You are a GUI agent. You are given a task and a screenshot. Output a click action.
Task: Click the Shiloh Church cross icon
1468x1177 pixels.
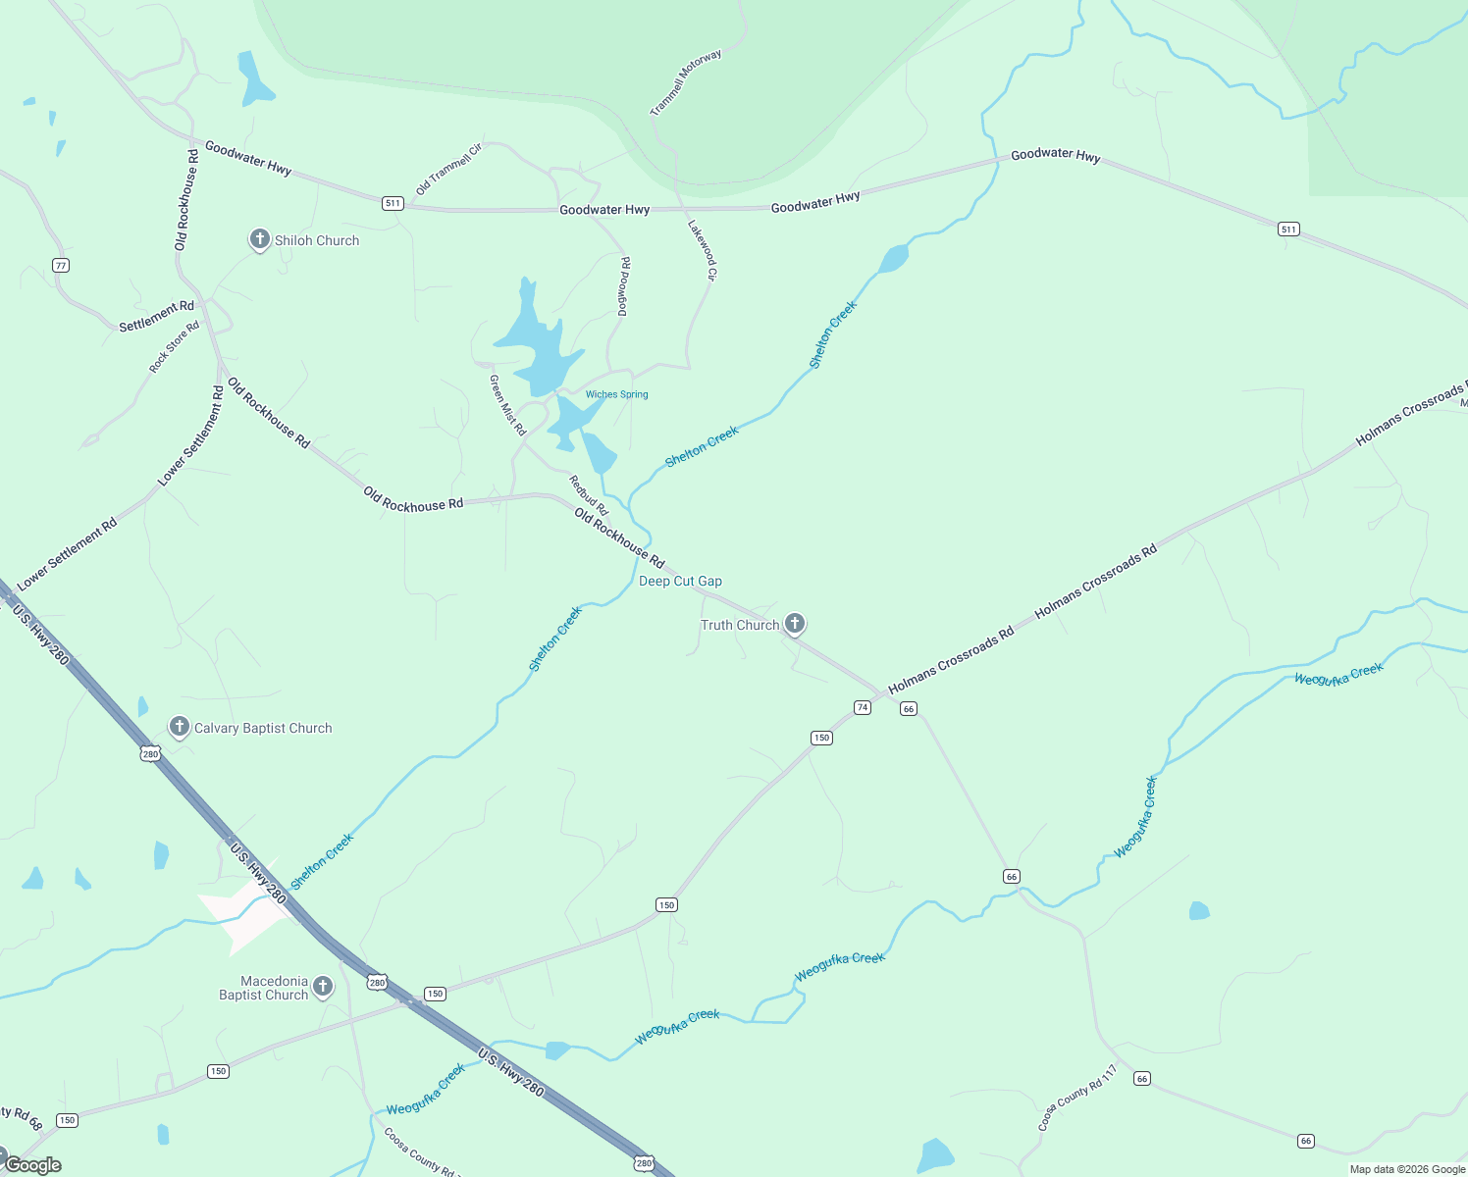tap(259, 239)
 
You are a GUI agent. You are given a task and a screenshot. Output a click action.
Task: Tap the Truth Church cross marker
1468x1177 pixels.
tap(795, 623)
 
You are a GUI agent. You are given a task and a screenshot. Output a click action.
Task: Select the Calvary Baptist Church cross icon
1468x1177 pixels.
tap(179, 727)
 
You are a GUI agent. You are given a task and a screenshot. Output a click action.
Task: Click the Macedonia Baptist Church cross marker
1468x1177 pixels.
tap(323, 986)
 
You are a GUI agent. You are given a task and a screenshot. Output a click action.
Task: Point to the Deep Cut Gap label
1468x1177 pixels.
tap(680, 581)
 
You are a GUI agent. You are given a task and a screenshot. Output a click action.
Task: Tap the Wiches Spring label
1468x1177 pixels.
tap(616, 394)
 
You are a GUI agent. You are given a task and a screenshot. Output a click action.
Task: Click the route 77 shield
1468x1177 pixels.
tap(61, 266)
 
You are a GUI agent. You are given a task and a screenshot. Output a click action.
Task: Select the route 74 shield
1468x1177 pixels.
tap(863, 707)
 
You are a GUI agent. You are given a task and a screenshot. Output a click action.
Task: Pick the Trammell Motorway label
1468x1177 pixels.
tap(686, 82)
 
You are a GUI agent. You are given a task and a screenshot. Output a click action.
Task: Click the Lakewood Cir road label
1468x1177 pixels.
tap(703, 250)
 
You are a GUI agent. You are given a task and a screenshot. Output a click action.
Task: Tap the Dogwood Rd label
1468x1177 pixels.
tap(624, 286)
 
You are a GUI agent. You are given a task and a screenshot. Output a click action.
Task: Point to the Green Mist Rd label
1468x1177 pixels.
tap(507, 405)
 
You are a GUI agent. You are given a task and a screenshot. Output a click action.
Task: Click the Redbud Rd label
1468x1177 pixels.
tap(589, 495)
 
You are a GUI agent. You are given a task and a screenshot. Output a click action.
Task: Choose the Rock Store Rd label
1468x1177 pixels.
tap(174, 347)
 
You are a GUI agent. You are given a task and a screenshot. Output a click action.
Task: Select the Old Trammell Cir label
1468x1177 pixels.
tap(449, 169)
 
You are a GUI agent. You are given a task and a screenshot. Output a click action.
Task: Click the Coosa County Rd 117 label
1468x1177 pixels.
tap(1077, 1098)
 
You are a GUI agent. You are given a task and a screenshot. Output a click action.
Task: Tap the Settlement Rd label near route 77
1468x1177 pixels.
tap(157, 316)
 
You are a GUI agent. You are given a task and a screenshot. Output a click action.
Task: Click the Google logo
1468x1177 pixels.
tap(32, 1165)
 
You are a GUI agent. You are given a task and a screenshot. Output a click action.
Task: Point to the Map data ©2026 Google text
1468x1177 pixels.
tap(1407, 1169)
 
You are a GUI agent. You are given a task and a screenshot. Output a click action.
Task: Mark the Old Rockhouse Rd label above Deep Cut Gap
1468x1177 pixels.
tap(619, 537)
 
